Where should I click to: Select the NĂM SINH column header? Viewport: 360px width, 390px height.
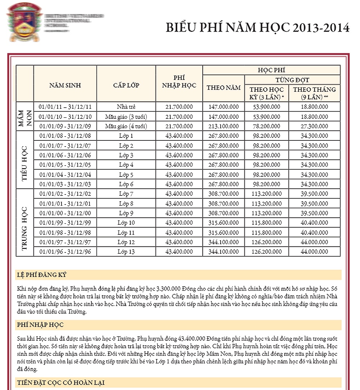[x=65, y=85]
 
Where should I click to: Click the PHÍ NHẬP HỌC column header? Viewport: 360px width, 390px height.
[x=179, y=82]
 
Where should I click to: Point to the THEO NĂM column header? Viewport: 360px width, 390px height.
[x=224, y=88]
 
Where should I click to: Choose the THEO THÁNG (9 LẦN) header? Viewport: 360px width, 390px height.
[x=314, y=93]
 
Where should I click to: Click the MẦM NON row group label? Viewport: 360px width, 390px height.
[x=25, y=117]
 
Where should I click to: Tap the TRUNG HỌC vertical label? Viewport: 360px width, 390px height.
[x=25, y=223]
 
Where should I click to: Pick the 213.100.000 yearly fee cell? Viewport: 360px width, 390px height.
[x=224, y=126]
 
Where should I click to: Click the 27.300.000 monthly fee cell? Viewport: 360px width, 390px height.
[x=314, y=126]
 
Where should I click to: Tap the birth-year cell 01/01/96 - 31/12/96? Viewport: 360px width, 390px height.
[x=65, y=251]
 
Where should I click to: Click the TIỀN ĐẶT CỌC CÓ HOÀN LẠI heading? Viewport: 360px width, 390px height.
[x=61, y=382]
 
